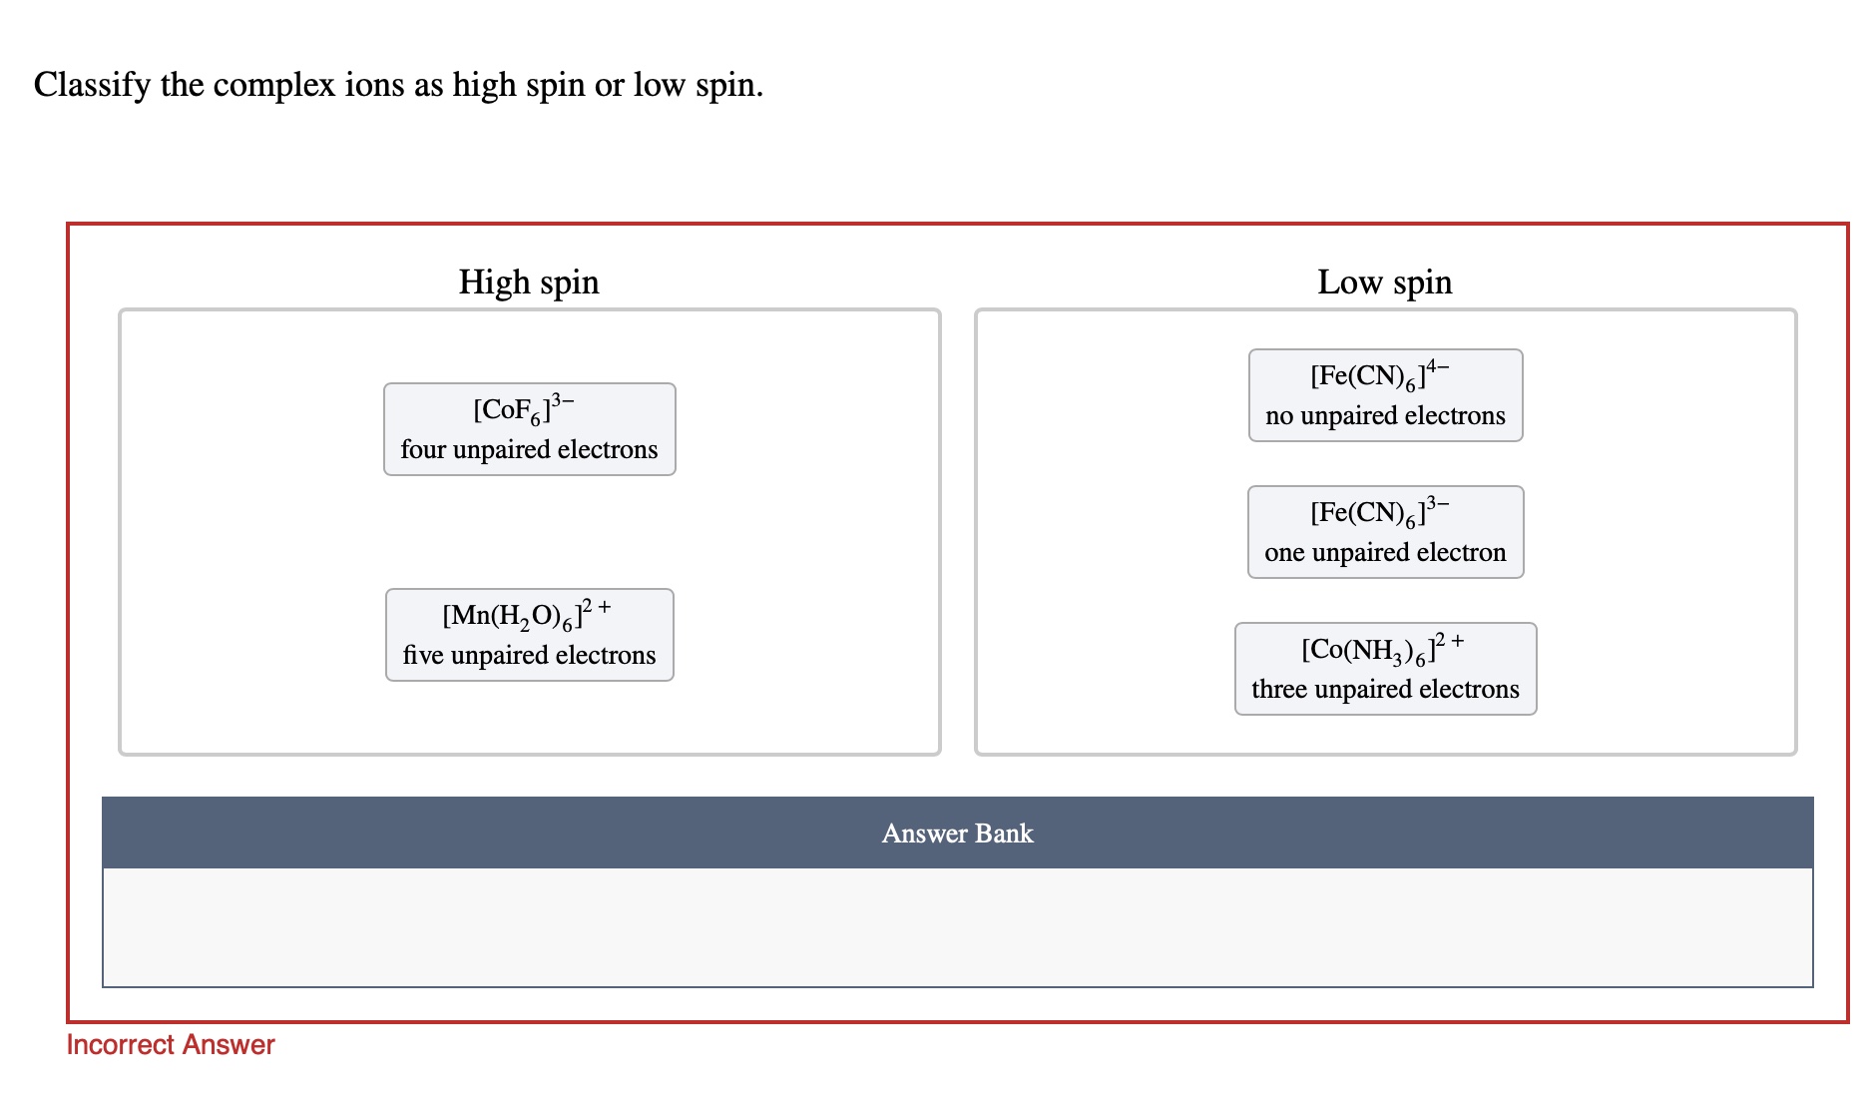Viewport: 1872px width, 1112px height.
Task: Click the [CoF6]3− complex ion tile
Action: point(529,429)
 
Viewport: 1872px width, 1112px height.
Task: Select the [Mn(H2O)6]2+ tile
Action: point(529,635)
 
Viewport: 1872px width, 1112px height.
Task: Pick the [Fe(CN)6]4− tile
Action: point(1385,395)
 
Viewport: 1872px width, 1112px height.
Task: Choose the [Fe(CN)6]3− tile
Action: point(1385,532)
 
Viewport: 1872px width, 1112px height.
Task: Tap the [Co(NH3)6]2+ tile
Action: point(1385,669)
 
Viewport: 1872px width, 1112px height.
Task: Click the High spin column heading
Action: point(529,282)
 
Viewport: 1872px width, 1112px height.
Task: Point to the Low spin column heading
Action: point(1384,282)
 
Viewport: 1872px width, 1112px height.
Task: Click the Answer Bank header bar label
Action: point(957,834)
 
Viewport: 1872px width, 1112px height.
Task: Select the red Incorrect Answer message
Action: point(171,1045)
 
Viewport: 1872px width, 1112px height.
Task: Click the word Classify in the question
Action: point(92,86)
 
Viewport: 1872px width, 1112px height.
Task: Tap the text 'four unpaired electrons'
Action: point(529,450)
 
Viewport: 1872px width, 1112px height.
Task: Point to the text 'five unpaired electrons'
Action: point(529,656)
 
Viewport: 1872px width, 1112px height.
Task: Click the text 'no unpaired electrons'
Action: point(1385,416)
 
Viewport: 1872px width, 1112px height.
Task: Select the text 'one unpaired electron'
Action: point(1385,553)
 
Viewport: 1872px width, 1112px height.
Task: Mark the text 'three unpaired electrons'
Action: point(1385,690)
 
